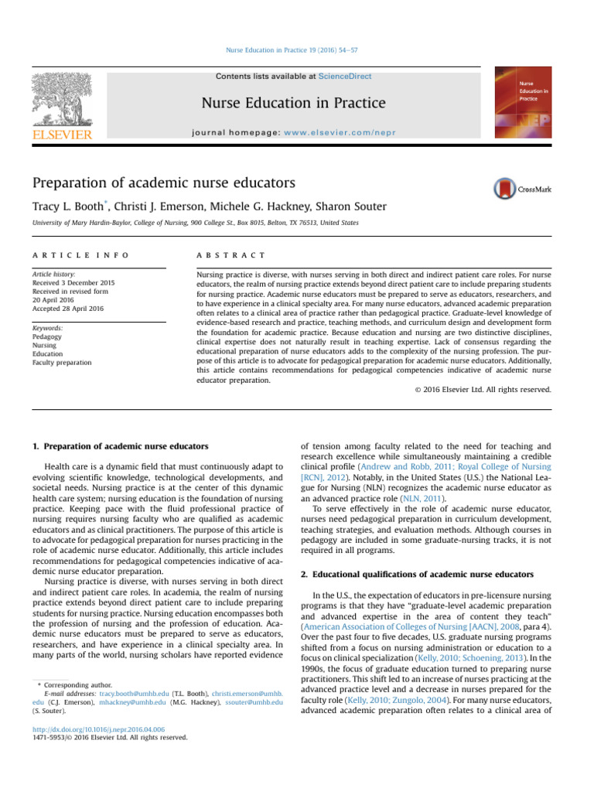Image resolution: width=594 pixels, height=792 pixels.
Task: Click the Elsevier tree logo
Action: click(61, 101)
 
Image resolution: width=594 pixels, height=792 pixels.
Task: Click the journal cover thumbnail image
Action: click(523, 104)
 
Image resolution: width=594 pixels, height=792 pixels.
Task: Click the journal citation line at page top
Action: click(297, 50)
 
